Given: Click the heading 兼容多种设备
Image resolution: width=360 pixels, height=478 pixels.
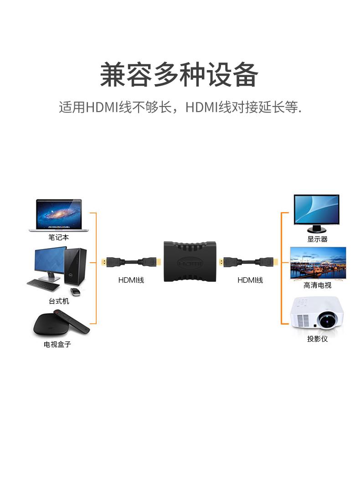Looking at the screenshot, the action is coord(179,75).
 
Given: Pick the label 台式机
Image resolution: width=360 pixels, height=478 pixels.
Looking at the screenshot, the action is coord(59,301).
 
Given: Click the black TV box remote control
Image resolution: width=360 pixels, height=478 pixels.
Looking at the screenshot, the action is coord(72,321).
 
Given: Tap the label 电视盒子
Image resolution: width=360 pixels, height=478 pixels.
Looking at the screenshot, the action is coord(57,345).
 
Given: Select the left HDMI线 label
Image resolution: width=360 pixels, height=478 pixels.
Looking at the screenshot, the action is coord(131,280).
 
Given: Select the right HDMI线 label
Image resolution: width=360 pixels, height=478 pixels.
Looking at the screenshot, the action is coord(250,280).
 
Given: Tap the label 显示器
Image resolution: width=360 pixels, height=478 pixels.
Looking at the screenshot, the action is coord(318,239).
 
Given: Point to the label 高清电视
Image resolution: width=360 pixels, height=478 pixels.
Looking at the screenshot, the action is coord(318,285).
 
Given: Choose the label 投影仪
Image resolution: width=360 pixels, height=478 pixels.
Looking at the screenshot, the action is coord(318,339).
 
